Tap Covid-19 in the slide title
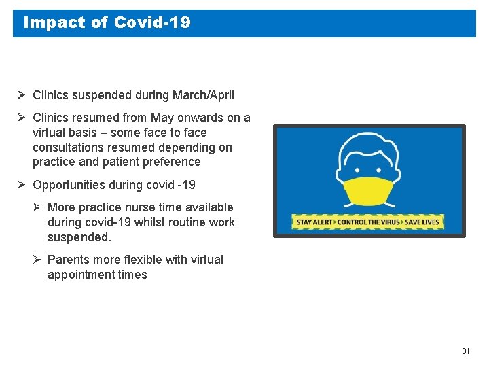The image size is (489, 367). [x=152, y=22]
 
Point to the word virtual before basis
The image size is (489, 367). [x=50, y=133]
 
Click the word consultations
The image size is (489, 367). [x=70, y=147]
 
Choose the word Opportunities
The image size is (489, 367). [x=72, y=185]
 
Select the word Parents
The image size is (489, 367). [x=67, y=260]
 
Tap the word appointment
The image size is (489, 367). [x=79, y=275]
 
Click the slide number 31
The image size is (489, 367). [x=465, y=351]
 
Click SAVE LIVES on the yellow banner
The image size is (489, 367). [x=422, y=222]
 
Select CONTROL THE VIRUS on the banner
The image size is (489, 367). [x=369, y=222]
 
